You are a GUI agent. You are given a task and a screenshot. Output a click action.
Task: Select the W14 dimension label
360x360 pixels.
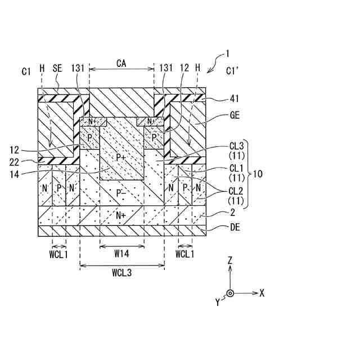coord(121,254)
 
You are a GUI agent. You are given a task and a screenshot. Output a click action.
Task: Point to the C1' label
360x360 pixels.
coord(232,71)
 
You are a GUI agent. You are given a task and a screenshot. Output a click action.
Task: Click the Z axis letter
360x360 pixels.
coord(230,260)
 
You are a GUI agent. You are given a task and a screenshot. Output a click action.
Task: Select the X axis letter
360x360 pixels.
coord(262,292)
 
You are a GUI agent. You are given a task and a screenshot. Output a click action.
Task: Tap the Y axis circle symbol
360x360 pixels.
coord(230,293)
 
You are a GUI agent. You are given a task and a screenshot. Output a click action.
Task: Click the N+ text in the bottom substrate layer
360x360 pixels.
coord(121,215)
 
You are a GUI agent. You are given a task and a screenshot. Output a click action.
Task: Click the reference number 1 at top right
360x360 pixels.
coord(227,55)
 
